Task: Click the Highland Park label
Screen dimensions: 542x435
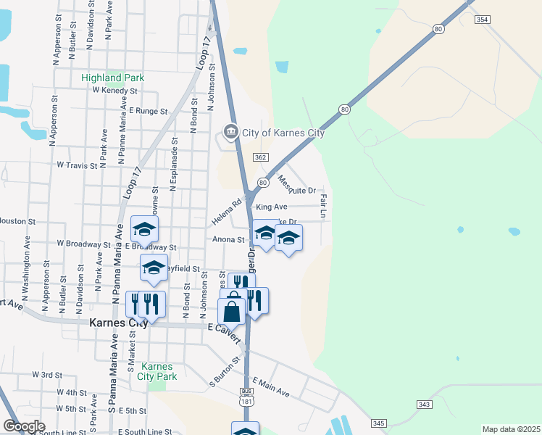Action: pos(112,78)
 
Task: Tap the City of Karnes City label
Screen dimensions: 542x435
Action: pos(283,133)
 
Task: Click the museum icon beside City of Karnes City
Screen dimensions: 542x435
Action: pos(230,131)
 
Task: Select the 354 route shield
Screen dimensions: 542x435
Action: pos(483,20)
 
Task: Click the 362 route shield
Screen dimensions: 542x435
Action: pos(261,157)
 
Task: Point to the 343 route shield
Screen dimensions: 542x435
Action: pos(425,404)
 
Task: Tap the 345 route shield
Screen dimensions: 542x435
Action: pos(378,423)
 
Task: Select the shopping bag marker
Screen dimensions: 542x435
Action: pos(231,312)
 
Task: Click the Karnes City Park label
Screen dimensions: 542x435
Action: pos(157,371)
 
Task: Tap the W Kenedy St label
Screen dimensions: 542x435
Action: pos(114,91)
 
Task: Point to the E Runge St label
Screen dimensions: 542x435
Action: pos(148,112)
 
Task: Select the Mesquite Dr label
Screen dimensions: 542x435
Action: pos(298,186)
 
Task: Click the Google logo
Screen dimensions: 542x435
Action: pos(23,426)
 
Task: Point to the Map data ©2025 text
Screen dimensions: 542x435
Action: pos(511,429)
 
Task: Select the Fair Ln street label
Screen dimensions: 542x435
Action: pos(323,206)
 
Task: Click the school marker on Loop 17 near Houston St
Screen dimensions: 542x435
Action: pos(144,231)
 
